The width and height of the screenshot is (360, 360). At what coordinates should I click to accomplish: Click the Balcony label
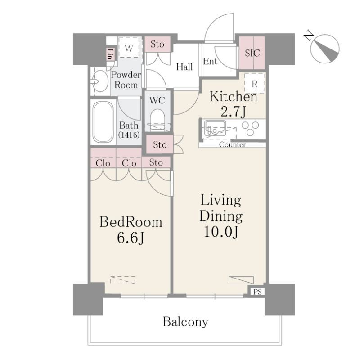[185, 322]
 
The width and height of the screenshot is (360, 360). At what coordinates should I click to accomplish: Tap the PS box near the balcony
[257, 292]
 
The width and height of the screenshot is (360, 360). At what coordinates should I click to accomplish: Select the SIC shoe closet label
[252, 53]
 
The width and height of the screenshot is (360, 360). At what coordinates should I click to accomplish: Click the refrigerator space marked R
[255, 84]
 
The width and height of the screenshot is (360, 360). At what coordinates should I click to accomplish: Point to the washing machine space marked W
[129, 47]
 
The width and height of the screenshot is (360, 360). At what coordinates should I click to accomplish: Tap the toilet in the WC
[157, 120]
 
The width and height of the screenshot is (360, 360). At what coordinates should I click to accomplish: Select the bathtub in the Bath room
[103, 122]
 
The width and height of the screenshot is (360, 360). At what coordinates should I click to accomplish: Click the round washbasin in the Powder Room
[99, 81]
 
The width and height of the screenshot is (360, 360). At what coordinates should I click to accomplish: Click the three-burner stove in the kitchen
[250, 128]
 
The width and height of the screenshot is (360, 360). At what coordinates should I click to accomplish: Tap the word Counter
[232, 144]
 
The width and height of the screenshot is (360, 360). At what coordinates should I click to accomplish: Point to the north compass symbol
[324, 49]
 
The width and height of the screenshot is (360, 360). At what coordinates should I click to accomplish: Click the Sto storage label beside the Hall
[157, 44]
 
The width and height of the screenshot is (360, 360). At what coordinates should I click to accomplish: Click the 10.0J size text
[220, 232]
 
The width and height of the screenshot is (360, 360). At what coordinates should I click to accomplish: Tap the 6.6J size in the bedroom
[130, 238]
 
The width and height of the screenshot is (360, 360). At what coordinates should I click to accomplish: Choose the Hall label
[184, 67]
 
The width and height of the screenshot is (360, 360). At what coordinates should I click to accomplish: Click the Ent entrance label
[210, 61]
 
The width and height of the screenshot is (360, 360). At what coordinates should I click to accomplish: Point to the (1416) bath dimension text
[129, 135]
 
